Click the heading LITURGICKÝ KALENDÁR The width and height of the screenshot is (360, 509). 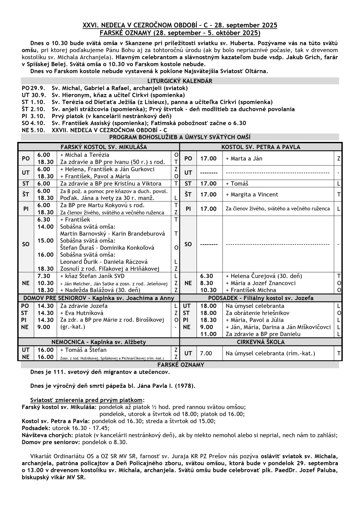180,81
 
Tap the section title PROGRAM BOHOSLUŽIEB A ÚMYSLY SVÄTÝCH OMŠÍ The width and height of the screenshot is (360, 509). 180,137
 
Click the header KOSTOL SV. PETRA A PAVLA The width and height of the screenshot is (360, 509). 261,147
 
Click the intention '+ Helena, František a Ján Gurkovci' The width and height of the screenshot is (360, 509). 107,169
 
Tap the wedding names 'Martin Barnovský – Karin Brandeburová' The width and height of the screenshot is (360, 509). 112,234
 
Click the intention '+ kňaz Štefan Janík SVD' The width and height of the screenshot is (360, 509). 92,276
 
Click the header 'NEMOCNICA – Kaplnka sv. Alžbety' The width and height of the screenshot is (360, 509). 99,342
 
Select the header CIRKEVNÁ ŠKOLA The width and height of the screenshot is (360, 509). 261,342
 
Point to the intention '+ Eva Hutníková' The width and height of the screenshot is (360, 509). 82,313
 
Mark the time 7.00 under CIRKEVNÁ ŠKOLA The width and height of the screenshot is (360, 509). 206,353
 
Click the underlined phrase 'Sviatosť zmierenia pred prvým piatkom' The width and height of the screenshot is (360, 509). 86,400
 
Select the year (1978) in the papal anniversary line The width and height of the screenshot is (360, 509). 185,386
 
